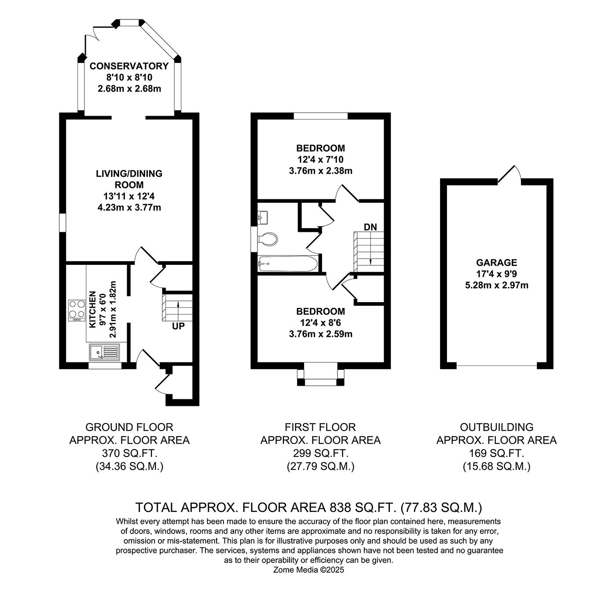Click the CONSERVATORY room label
point(129,66)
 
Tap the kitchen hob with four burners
point(77,311)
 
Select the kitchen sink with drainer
point(104,352)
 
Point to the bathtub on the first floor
point(288,263)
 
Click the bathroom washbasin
point(263,218)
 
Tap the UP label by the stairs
point(178,326)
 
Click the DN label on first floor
point(370,227)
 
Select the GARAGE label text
point(497,262)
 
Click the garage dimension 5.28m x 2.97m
point(497,285)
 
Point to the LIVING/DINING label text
point(129,173)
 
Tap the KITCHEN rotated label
point(92,310)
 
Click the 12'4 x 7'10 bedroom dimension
point(320,160)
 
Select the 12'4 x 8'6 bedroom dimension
point(320,323)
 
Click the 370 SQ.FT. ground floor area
point(129,453)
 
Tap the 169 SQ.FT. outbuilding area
point(496,453)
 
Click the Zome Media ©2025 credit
point(308,570)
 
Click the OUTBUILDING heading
point(496,427)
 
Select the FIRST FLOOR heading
point(320,427)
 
